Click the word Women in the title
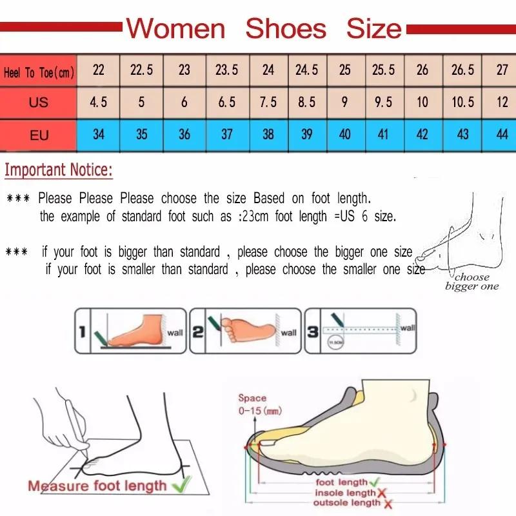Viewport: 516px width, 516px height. coord(175,28)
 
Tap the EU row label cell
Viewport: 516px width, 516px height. coord(39,135)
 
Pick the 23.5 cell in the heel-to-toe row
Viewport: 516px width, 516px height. coord(226,70)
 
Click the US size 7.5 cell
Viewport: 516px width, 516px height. coord(268,103)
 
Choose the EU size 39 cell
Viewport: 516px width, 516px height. coord(306,135)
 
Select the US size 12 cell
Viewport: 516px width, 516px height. coord(502,103)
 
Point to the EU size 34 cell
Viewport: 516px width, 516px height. coord(99,135)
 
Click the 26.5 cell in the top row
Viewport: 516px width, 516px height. coord(462,70)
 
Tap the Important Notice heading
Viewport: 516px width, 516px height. coord(59,170)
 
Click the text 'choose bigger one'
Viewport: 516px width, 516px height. coord(471,282)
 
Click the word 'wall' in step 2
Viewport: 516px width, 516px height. coord(288,333)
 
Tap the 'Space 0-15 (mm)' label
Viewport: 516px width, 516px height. coord(252,404)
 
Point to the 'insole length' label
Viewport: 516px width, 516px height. coord(344,493)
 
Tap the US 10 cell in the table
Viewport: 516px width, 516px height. coord(422,103)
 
